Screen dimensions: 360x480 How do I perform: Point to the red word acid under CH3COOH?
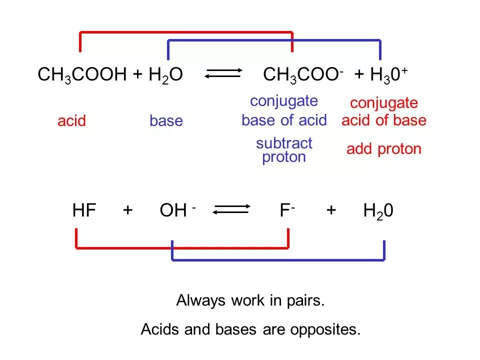71,120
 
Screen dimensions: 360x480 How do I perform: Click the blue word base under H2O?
166,120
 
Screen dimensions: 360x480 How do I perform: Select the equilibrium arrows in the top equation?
223,74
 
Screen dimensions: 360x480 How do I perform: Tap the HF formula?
83,210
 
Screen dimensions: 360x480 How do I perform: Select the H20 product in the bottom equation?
378,211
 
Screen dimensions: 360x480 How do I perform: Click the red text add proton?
384,149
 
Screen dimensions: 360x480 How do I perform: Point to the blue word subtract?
284,143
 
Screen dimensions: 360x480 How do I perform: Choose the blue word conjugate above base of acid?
284,101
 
